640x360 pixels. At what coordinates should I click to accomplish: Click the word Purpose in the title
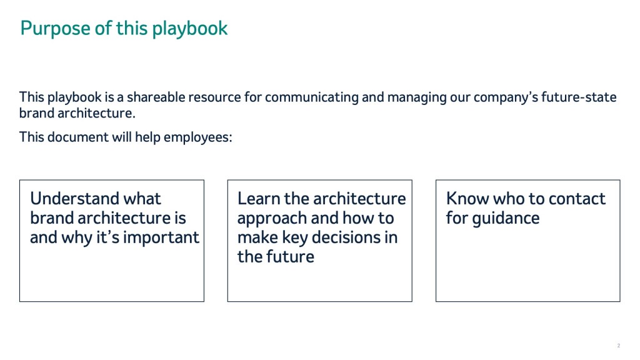[56, 29]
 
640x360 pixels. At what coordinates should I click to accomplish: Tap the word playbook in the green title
[190, 29]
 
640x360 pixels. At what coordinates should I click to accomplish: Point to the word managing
[417, 97]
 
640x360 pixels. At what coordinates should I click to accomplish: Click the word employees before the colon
[196, 137]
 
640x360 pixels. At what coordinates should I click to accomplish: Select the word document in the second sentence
[78, 137]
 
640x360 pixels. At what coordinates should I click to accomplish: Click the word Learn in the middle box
[259, 198]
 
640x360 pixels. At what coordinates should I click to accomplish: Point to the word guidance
[506, 218]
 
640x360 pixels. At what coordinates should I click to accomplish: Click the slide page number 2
[619, 346]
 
